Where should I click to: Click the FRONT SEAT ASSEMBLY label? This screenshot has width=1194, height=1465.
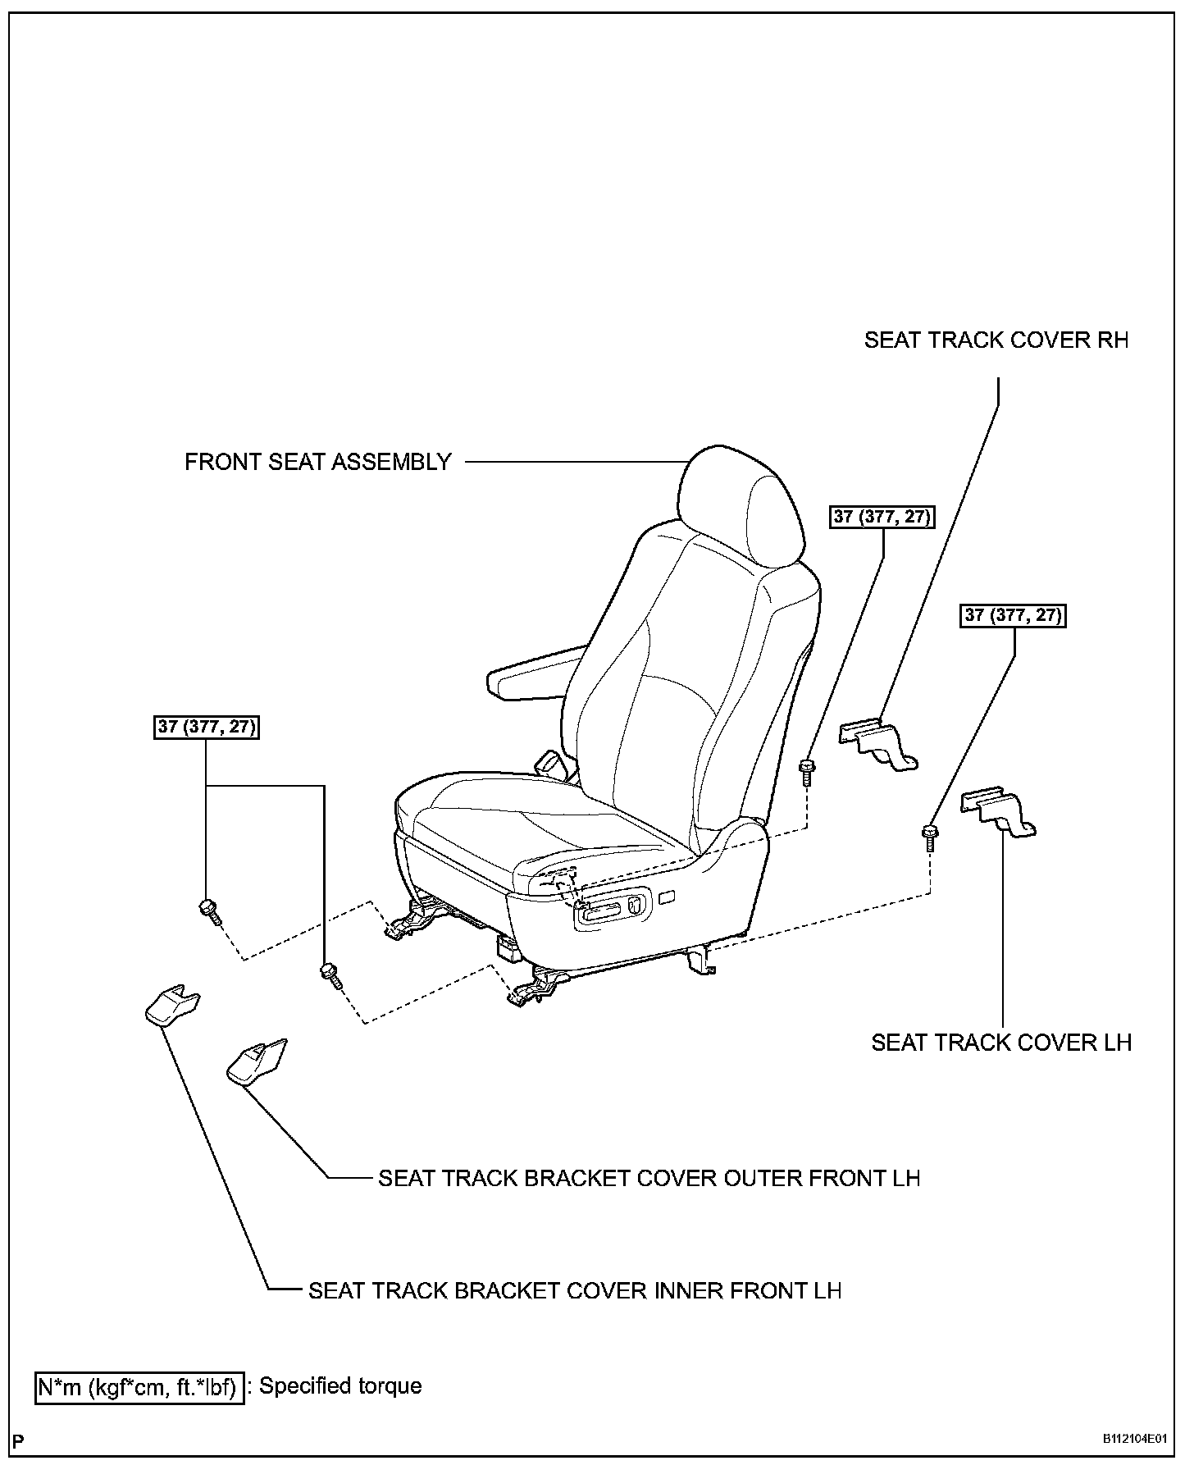click(317, 462)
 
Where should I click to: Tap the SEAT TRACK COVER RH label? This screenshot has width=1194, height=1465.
click(996, 340)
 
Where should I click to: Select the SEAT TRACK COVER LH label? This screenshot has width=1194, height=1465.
click(1000, 1043)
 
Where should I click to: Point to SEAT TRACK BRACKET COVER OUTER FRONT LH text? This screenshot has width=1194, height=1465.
click(649, 1178)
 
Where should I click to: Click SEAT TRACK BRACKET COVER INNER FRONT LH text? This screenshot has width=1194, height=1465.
click(575, 1290)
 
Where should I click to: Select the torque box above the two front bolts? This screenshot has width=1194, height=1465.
click(207, 727)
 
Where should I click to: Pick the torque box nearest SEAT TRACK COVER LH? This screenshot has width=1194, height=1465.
click(1013, 615)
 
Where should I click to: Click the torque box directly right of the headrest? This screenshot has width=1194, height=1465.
click(882, 516)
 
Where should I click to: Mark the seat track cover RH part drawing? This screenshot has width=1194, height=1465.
click(878, 743)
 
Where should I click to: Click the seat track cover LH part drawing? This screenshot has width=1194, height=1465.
click(998, 811)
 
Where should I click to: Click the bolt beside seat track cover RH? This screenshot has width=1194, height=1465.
click(807, 771)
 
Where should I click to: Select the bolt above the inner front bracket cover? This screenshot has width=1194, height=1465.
click(208, 910)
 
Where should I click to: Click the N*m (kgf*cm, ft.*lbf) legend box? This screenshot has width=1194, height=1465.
click(139, 1387)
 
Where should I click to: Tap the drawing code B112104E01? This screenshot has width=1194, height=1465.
click(1134, 1439)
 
